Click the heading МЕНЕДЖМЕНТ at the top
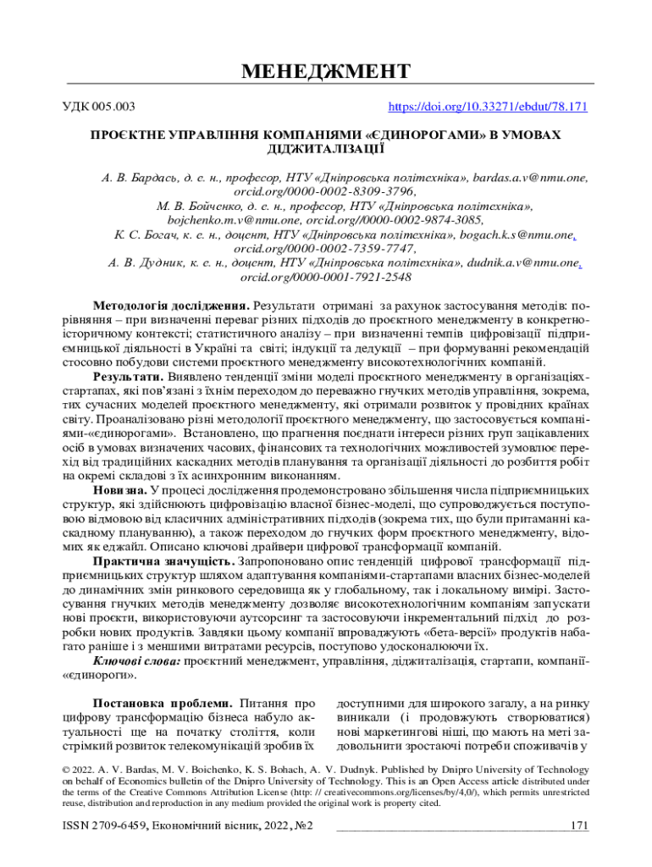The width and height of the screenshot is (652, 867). pos(326,70)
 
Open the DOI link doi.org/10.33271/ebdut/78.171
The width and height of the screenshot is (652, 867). pos(488,108)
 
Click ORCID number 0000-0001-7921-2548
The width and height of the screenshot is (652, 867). pos(326,276)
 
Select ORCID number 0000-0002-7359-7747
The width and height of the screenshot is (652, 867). pos(326,248)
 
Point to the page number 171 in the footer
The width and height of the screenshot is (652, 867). pos(579,826)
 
